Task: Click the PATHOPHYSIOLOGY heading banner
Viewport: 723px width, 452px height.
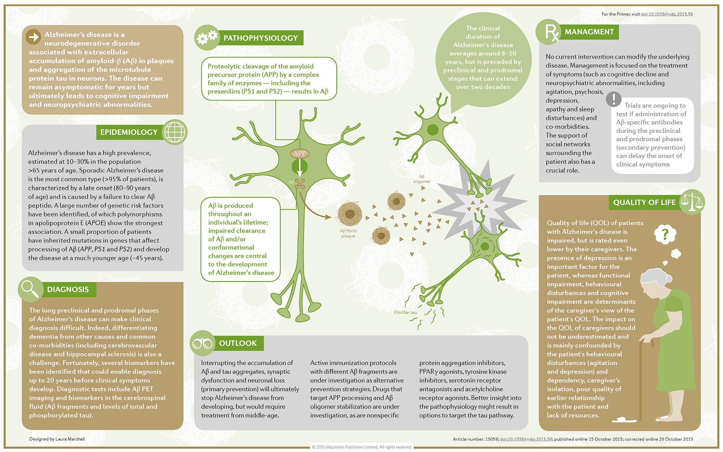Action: [260, 38]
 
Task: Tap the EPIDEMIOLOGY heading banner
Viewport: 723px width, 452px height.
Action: [129, 132]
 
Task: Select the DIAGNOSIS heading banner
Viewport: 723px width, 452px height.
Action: [68, 289]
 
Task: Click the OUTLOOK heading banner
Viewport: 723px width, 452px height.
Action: [238, 343]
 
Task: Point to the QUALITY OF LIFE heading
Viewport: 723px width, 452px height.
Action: [644, 202]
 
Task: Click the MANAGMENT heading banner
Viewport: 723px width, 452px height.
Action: [589, 32]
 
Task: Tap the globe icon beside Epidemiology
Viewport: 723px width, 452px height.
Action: [175, 132]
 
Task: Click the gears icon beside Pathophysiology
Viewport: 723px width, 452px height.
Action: [207, 37]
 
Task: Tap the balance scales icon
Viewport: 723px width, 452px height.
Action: [692, 202]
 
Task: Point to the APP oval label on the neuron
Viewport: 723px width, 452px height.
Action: [300, 154]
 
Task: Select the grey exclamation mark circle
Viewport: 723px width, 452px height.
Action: [613, 99]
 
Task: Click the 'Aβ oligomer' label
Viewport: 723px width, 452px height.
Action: [422, 179]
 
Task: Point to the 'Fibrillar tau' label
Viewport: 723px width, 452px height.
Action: [405, 312]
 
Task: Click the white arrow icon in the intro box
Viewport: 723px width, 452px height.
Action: [34, 37]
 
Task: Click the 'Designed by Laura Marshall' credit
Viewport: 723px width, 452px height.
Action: [57, 439]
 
